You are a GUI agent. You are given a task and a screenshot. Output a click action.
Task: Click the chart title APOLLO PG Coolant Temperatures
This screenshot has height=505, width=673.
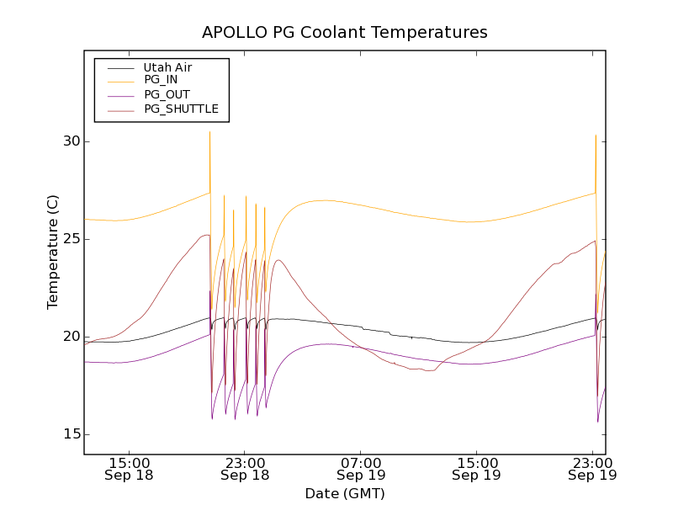(345, 33)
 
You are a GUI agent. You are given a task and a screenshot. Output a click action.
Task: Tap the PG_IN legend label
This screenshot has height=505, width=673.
(161, 80)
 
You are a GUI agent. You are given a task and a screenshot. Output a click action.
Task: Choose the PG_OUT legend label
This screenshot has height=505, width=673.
(167, 94)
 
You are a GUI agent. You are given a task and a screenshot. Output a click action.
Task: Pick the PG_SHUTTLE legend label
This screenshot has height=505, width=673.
(181, 109)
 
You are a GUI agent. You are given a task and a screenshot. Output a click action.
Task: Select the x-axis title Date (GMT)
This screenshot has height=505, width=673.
(345, 493)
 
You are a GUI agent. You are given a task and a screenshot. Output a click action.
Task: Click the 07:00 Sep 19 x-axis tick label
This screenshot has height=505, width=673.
(361, 469)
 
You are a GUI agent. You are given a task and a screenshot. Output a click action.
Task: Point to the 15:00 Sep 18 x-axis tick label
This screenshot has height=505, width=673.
(130, 469)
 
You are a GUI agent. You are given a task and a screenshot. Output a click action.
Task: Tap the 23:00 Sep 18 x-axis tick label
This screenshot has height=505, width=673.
(245, 469)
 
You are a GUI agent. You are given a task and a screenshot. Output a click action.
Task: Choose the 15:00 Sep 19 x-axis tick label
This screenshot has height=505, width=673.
(476, 469)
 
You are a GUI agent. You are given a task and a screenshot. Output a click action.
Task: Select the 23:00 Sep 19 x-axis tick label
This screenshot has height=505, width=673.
(592, 469)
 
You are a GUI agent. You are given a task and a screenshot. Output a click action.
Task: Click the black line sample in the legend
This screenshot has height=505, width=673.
(118, 66)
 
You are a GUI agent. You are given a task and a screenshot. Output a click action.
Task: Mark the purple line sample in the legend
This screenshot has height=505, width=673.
(118, 94)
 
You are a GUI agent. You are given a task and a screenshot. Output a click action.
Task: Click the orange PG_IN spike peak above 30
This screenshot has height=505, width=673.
(209, 132)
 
